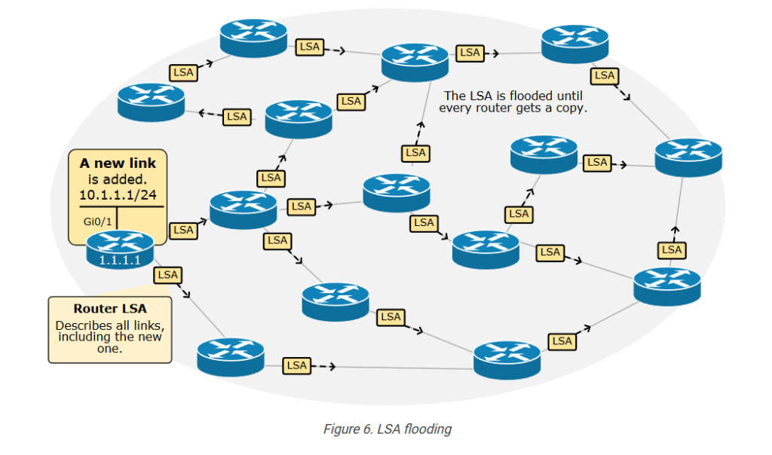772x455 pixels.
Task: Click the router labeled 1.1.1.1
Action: pos(120,249)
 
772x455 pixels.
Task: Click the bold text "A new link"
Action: pos(118,163)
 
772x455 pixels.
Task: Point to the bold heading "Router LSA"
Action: pos(110,308)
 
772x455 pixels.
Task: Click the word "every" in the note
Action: pos(455,108)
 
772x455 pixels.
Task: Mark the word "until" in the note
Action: pos(569,96)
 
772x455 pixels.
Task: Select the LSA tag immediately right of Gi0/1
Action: pos(182,230)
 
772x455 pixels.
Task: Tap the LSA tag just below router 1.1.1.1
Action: pos(167,275)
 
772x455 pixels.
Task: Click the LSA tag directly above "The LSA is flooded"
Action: pos(470,53)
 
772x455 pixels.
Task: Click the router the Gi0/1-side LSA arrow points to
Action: pos(243,209)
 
